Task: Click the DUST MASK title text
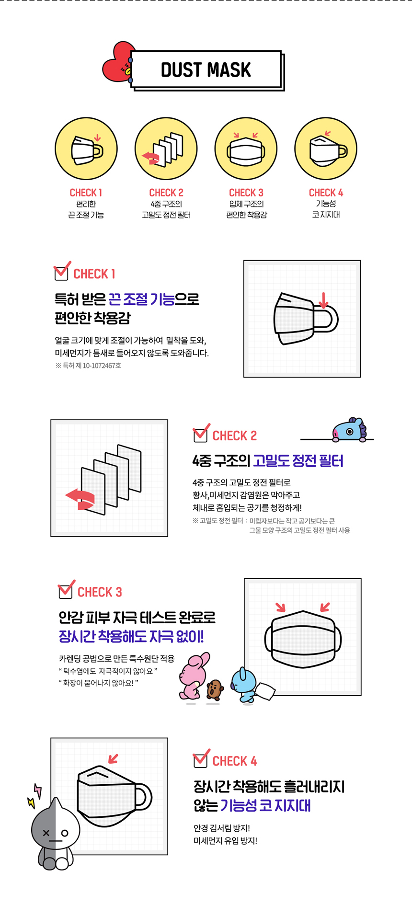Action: (206, 70)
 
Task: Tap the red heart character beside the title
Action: (117, 62)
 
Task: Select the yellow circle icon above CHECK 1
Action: (86, 149)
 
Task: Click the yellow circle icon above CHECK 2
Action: (166, 149)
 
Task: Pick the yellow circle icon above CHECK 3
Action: (246, 149)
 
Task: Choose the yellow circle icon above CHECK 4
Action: (326, 149)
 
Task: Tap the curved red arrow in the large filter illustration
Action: (80, 499)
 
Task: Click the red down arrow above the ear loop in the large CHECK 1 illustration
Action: (323, 300)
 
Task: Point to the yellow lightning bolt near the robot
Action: (31, 802)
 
